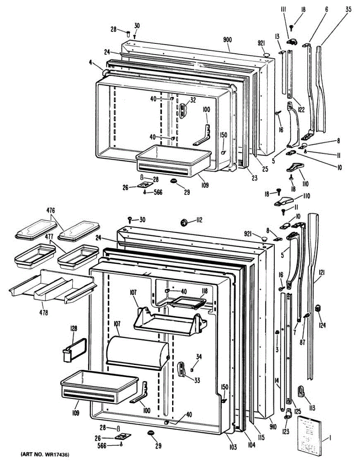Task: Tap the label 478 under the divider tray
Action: [43, 313]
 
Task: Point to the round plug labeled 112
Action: [184, 222]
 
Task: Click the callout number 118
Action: [204, 290]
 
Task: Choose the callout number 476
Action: [51, 210]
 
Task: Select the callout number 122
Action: [300, 109]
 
